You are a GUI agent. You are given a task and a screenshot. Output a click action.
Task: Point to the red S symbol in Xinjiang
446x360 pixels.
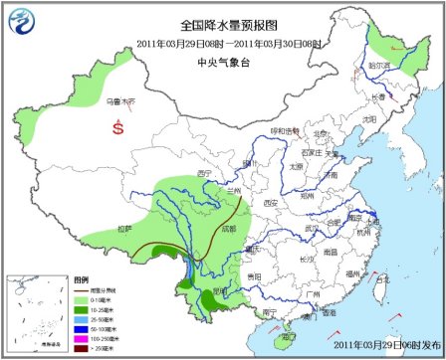click(118, 128)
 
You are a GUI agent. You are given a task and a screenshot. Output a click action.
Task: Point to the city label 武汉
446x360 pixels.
click(312, 229)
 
